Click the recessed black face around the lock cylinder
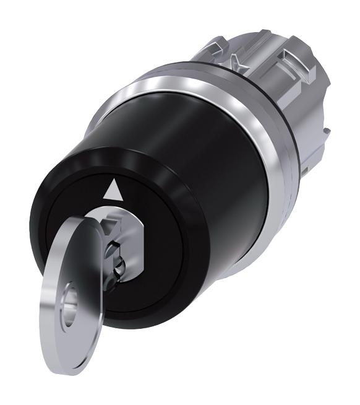(148, 204)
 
